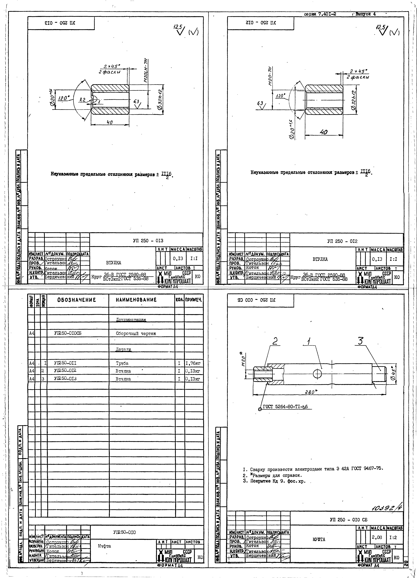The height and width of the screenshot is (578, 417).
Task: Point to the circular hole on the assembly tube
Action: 317,374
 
